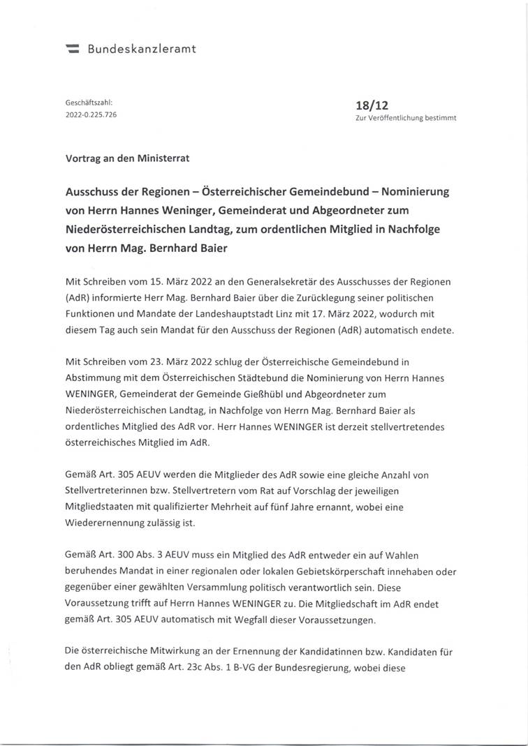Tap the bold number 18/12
tap(372, 105)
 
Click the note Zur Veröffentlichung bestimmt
tap(406, 118)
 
